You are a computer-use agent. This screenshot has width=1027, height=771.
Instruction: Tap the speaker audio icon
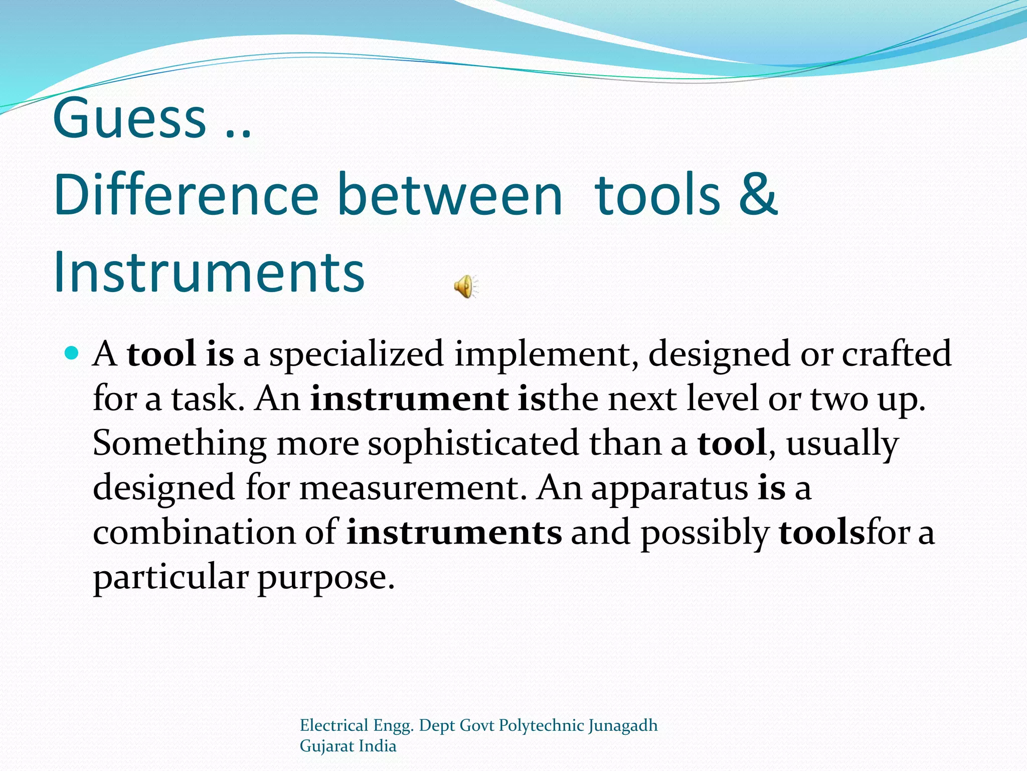pyautogui.click(x=466, y=287)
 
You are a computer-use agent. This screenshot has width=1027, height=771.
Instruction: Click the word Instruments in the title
pyautogui.click(x=209, y=272)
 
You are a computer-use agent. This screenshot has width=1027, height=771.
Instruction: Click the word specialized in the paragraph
pyautogui.click(x=357, y=354)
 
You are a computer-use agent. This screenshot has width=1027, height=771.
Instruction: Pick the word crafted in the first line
pyautogui.click(x=896, y=353)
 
